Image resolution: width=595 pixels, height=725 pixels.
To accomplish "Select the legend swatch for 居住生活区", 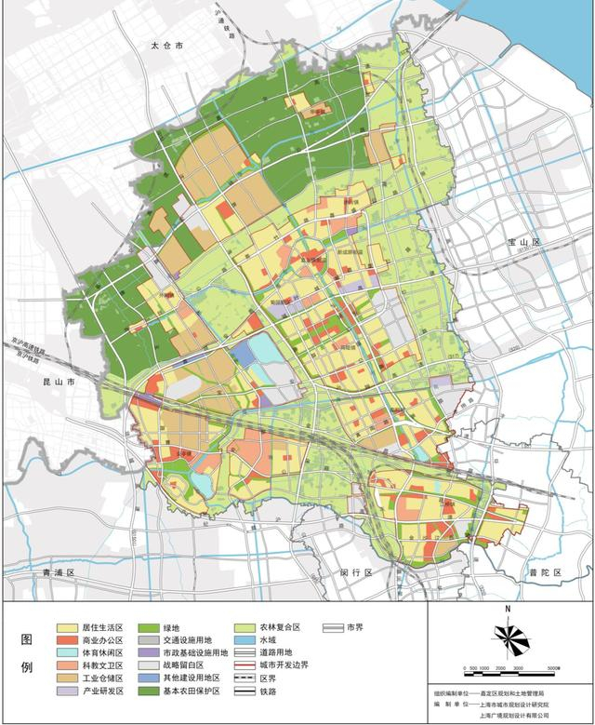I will [x=66, y=628].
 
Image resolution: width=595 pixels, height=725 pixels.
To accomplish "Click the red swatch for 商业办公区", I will [x=66, y=642].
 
